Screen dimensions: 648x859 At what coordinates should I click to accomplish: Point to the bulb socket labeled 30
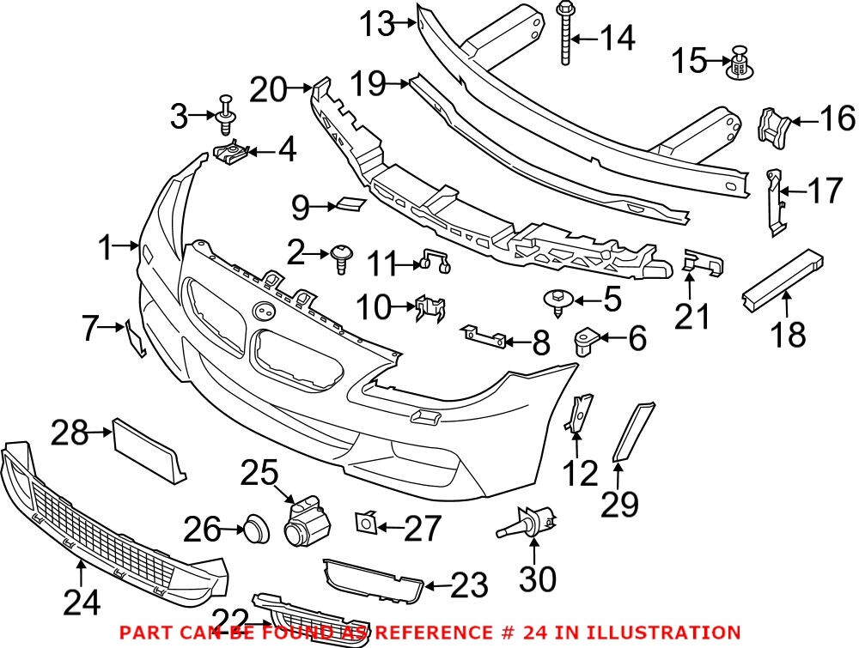coord(527,522)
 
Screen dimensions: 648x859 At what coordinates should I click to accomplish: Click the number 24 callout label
coord(82,603)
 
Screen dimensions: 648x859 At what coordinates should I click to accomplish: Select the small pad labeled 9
coord(350,203)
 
